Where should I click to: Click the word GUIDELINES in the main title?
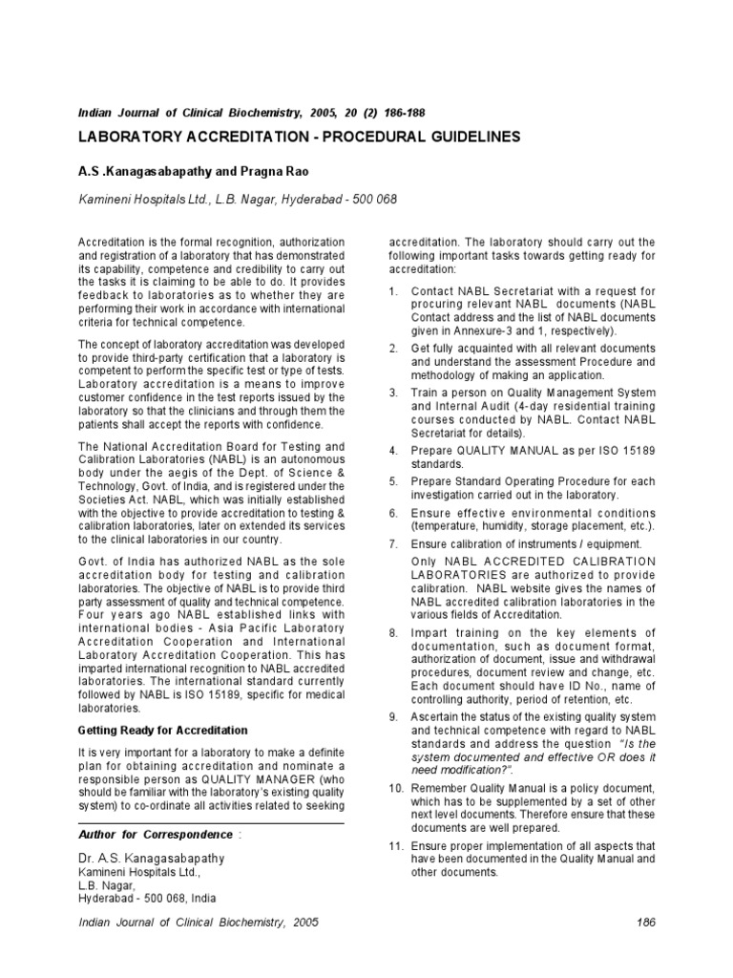pyautogui.click(x=471, y=137)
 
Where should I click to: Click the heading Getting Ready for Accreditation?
pyautogui.click(x=162, y=730)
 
